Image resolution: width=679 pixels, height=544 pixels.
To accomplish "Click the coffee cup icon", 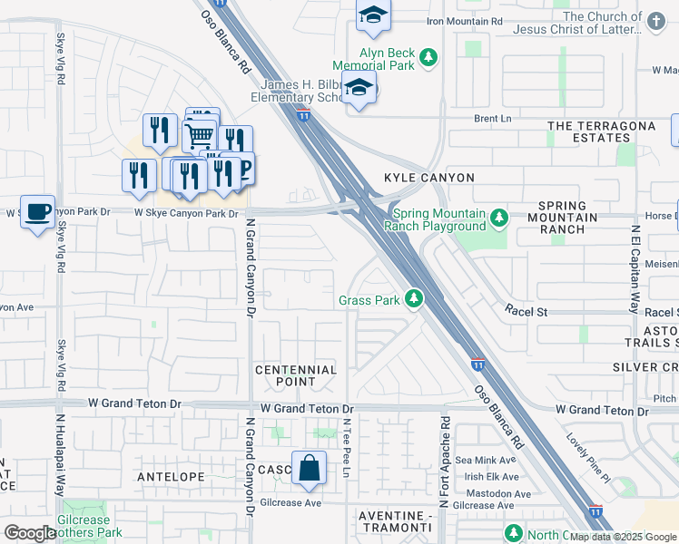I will [x=37, y=211].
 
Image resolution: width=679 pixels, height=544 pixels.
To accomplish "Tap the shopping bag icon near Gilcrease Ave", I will [x=309, y=468].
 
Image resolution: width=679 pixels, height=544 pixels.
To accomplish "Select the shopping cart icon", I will [x=199, y=137].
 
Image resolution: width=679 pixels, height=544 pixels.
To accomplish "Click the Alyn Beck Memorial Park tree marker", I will [x=427, y=60].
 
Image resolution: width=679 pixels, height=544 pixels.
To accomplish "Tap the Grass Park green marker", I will [x=414, y=298].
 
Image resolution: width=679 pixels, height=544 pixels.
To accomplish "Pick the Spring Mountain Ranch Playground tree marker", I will [x=498, y=219].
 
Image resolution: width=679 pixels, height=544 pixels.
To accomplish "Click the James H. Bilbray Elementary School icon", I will [x=360, y=88].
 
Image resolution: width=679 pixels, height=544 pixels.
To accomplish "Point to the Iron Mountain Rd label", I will [x=464, y=21].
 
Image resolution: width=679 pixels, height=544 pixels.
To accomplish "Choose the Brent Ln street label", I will [x=493, y=118].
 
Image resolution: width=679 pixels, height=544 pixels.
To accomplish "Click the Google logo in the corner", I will [x=30, y=533].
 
